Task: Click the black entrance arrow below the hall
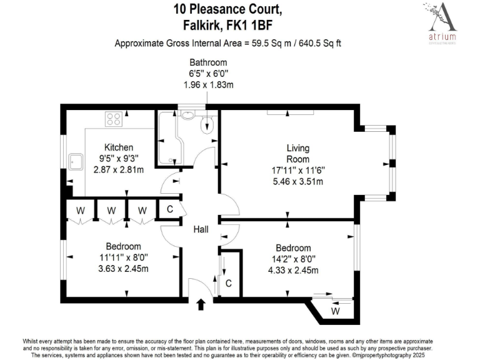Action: click(x=201, y=305)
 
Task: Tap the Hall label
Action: click(x=201, y=230)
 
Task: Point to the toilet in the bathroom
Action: click(x=207, y=126)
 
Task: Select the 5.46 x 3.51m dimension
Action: click(x=298, y=182)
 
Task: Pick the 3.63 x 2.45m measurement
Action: click(x=123, y=269)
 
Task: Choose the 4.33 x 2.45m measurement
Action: click(x=293, y=270)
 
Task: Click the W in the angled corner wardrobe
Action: click(x=336, y=311)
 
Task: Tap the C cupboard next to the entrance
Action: click(x=229, y=283)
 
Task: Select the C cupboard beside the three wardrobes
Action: click(x=169, y=210)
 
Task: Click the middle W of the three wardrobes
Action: click(x=111, y=210)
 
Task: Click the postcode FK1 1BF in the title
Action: click(x=253, y=25)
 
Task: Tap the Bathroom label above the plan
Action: click(x=208, y=63)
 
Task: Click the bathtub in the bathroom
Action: click(x=167, y=137)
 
